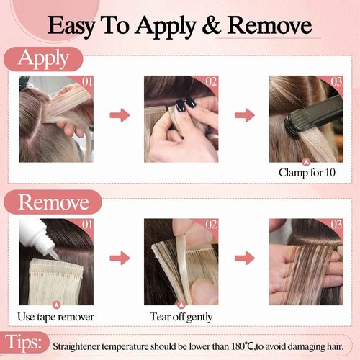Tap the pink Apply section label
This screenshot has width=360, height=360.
click(x=44, y=59)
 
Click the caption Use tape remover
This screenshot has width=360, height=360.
click(x=55, y=316)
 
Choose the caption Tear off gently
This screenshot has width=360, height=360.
click(x=181, y=316)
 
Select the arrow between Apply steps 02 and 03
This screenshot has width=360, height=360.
click(x=244, y=114)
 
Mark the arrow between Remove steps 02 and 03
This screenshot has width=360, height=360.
click(x=244, y=258)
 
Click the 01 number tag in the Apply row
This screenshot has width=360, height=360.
click(x=86, y=81)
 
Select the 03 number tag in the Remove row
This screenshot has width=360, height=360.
click(x=336, y=225)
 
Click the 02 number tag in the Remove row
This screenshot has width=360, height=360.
click(x=211, y=225)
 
